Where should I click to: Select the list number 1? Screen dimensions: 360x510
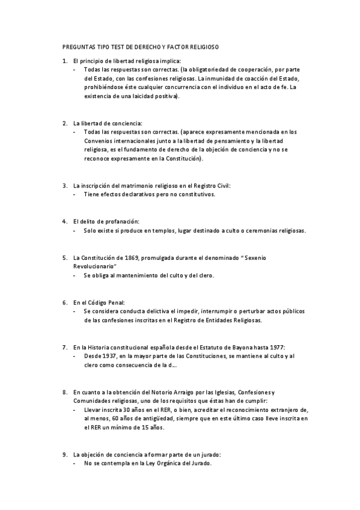64,61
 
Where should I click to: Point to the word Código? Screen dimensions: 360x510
101,302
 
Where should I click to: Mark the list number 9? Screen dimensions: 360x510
64,454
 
